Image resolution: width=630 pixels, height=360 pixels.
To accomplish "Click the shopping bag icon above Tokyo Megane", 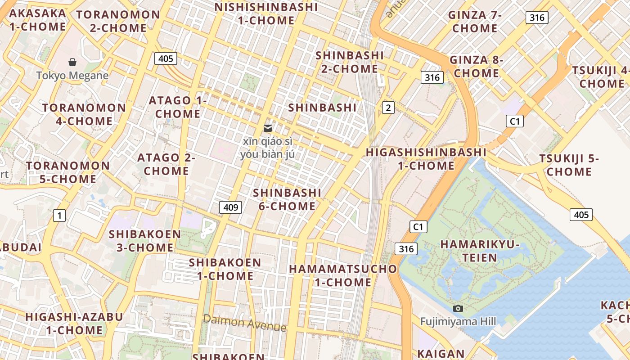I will click(72, 62).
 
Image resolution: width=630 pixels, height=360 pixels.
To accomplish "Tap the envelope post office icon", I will click(268, 128).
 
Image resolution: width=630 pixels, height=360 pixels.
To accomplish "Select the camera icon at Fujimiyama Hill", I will click(458, 308).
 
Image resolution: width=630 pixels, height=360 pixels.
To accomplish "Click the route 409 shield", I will click(230, 207).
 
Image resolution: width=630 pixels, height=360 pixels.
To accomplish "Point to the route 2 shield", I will click(388, 108).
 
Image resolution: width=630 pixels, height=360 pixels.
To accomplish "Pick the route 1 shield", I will click(59, 216).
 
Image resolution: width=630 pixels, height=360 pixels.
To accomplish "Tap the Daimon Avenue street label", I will click(244, 323).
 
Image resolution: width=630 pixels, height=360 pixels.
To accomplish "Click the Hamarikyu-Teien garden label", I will click(480, 251).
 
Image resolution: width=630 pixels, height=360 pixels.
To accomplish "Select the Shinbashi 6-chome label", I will click(287, 199).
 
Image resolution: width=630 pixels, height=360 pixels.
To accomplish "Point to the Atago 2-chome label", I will click(166, 164).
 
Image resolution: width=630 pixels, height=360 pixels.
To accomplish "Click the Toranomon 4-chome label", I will click(84, 114).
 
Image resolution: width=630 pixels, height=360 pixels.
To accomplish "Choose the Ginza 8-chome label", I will click(476, 66).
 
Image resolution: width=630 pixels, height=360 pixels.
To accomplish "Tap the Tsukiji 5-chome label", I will click(569, 165).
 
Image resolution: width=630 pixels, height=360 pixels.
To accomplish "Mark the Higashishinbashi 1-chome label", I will click(426, 159).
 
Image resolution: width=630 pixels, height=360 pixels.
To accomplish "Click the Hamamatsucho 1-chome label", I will click(343, 275).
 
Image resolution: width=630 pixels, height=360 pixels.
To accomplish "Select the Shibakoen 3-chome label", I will click(144, 241).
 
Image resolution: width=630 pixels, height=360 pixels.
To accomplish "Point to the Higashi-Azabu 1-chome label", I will click(74, 323).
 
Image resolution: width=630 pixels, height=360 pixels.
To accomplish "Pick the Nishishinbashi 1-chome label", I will click(266, 13).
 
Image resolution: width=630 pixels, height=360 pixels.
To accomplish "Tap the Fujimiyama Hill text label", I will click(458, 321).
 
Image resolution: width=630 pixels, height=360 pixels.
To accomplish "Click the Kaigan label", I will click(441, 354).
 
